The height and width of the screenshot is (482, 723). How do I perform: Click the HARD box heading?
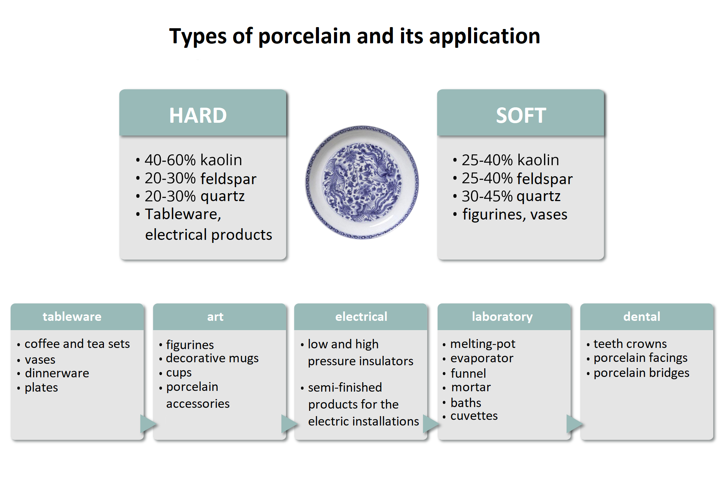click(198, 115)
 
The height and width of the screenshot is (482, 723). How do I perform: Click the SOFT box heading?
click(521, 115)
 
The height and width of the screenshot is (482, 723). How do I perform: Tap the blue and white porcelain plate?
click(362, 182)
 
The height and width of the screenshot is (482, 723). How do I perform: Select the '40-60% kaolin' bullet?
click(193, 160)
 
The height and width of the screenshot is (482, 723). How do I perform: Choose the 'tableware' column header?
click(72, 317)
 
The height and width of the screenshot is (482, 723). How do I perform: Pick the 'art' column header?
click(215, 317)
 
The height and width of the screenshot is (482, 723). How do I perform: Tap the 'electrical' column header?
click(361, 317)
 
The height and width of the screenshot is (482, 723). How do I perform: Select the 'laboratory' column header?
click(502, 317)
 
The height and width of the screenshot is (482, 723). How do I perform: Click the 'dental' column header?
click(642, 317)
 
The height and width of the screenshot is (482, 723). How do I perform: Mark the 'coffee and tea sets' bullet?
click(77, 344)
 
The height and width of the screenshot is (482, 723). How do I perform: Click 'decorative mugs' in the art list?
click(212, 358)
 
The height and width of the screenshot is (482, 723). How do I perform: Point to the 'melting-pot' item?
click(483, 344)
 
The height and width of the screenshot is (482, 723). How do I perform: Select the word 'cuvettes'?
click(474, 416)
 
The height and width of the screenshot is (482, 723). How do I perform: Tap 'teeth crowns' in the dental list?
click(630, 344)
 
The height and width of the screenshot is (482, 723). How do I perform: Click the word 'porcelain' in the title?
click(305, 37)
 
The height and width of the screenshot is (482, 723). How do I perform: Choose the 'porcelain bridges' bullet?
click(641, 373)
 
